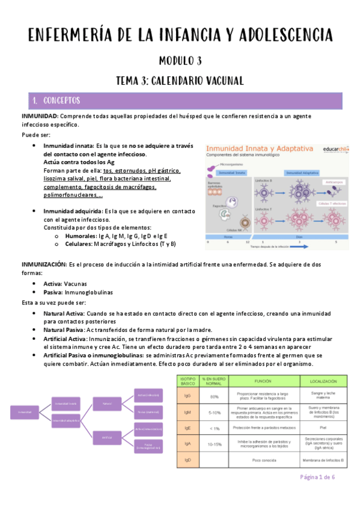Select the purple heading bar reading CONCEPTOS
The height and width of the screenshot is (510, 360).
click(x=180, y=100)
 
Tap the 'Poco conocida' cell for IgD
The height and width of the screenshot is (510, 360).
click(x=263, y=459)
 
